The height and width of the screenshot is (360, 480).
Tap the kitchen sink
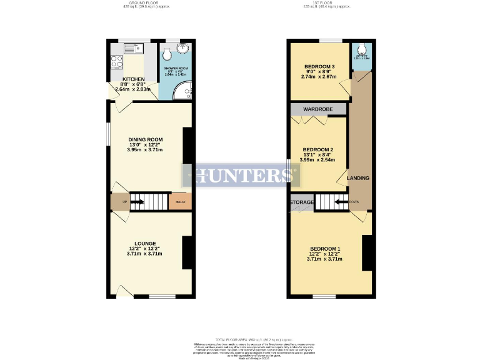point(133,47)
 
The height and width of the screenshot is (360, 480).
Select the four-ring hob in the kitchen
point(117,61)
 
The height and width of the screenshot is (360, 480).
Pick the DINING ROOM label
point(146,139)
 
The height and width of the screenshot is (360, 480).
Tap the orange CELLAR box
point(180,202)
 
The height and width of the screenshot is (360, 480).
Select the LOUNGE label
point(145,243)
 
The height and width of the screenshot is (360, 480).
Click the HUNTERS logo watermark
point(240,176)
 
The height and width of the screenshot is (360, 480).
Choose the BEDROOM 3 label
point(320,67)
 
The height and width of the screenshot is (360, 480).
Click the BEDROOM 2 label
point(317,150)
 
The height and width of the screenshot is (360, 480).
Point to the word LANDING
point(358,178)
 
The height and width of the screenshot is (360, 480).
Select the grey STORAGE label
point(301,202)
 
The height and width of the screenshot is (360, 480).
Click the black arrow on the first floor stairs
point(341,202)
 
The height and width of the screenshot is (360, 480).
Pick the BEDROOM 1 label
point(326,250)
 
